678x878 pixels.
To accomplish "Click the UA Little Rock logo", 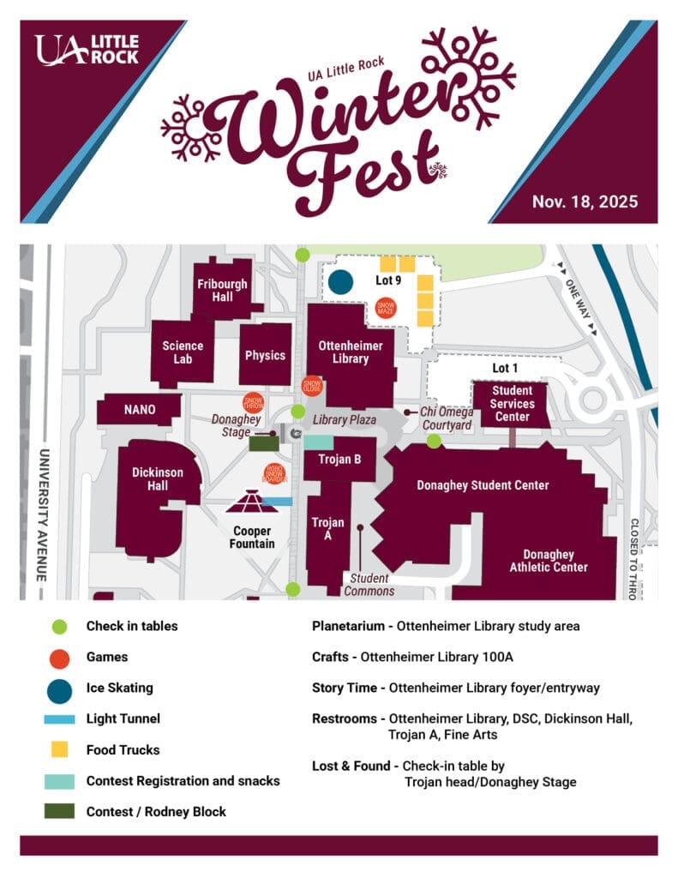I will [x=86, y=50].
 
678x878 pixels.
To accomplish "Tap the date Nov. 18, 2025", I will [x=584, y=201].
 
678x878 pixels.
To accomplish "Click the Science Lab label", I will [x=183, y=352].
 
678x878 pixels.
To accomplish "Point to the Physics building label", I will [x=265, y=355].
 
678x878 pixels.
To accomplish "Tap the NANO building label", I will [x=140, y=410].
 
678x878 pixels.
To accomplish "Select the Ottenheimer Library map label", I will [x=350, y=352].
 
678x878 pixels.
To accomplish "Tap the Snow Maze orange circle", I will [x=386, y=307].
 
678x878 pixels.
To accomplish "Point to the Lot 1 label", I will [x=505, y=368].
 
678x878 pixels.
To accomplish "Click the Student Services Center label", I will [x=513, y=404].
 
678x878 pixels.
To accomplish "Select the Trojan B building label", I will [x=340, y=460].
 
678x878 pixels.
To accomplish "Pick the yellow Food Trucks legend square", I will [x=60, y=750].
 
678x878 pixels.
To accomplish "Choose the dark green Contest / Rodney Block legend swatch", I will [x=60, y=811].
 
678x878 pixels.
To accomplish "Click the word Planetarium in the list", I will [x=347, y=626].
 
